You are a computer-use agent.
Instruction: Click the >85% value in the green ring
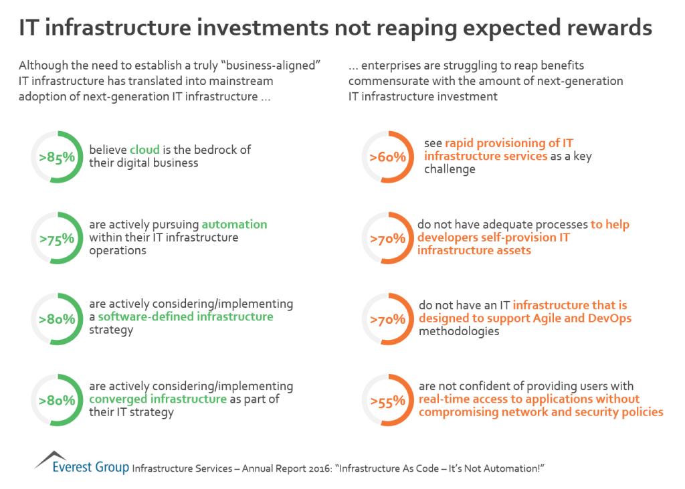click(56, 158)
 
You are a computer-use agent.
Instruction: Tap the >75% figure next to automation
click(56, 239)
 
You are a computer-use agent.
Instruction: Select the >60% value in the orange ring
click(387, 158)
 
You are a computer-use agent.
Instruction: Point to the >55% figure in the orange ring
click(387, 401)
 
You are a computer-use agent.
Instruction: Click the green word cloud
click(144, 149)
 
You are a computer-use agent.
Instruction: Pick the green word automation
click(234, 224)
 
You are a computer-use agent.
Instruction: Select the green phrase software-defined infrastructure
click(185, 316)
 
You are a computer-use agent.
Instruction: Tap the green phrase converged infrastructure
click(158, 399)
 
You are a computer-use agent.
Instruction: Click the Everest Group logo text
click(91, 467)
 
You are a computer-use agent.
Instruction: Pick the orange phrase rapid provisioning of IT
click(508, 143)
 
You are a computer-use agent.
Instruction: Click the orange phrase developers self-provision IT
click(494, 237)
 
